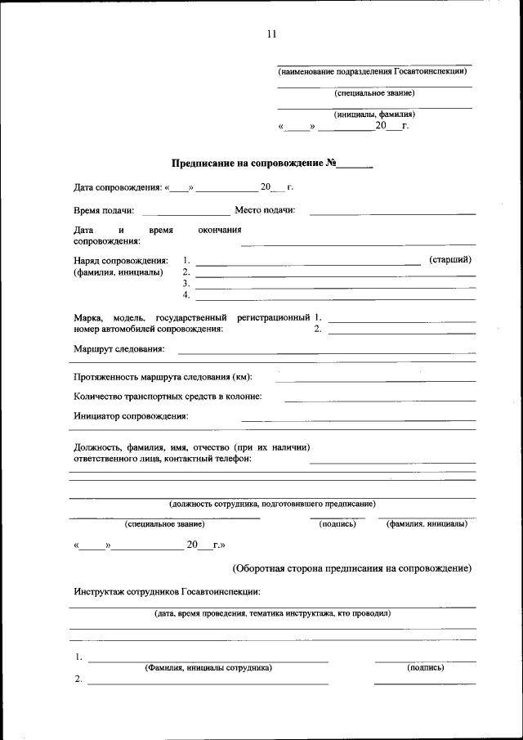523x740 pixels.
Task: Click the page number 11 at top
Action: click(271, 34)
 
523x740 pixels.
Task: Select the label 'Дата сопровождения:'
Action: click(117, 187)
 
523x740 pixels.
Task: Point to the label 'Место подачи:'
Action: click(265, 210)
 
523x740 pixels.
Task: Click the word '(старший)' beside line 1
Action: click(449, 260)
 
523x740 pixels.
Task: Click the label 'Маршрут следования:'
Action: click(118, 349)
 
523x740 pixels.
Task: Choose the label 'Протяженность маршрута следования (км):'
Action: click(163, 377)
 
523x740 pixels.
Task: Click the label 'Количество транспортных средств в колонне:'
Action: click(168, 397)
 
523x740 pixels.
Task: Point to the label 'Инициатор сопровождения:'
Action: click(131, 416)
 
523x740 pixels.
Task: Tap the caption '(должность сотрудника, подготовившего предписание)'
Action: click(272, 504)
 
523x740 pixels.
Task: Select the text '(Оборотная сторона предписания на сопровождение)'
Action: click(351, 568)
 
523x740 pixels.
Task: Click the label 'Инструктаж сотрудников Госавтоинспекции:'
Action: click(167, 591)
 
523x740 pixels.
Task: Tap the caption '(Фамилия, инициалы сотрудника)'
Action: click(208, 667)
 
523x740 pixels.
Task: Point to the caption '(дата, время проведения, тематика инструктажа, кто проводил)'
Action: click(272, 612)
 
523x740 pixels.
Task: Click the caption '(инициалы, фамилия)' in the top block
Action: click(373, 114)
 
